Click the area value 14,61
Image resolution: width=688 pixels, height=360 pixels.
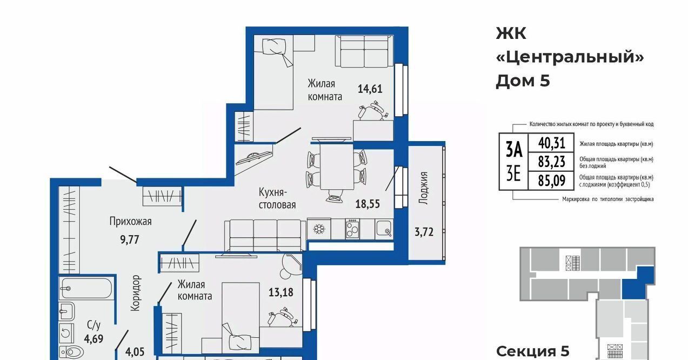point(370,89)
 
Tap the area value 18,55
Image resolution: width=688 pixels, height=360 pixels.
point(368,204)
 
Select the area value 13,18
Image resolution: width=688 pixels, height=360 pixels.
point(280,292)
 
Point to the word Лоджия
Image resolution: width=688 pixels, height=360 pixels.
point(424,188)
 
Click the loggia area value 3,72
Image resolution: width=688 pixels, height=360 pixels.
point(424,232)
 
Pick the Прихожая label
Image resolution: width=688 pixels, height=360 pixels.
point(131,221)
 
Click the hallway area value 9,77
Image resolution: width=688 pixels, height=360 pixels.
point(130,239)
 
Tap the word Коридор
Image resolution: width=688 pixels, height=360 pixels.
point(136,293)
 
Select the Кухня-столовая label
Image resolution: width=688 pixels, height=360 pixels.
point(277,198)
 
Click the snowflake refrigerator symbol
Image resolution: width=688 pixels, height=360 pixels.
point(319,229)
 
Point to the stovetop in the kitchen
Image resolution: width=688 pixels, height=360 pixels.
point(352,229)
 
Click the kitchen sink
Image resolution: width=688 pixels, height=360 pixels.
point(384,229)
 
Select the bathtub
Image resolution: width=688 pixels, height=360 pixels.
point(86,288)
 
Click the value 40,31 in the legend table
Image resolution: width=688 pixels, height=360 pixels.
point(551,143)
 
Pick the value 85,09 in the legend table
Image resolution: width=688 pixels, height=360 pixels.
point(551,181)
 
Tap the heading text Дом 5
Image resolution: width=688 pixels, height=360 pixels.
point(523,81)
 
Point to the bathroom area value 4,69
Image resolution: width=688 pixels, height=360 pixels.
point(93,338)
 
